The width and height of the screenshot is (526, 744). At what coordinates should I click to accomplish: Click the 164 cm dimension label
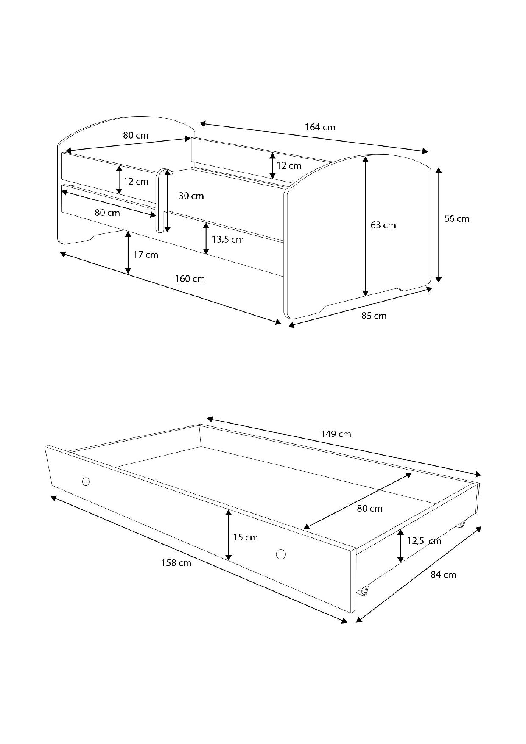[320, 127]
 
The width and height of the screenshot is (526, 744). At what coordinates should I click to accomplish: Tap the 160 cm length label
[190, 279]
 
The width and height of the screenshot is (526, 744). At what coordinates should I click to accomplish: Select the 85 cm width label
[374, 316]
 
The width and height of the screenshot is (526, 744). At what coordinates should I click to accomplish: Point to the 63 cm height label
[383, 225]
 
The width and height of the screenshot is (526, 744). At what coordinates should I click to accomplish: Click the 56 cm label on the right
[457, 219]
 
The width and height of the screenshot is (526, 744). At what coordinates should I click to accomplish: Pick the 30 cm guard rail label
[191, 196]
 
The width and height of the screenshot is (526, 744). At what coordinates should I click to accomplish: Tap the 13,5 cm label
[228, 240]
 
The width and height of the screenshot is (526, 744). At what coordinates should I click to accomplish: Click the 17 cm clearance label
[145, 255]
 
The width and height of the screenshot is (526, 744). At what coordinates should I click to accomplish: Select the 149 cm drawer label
[336, 434]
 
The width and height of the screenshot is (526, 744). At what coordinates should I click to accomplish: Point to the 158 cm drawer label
[176, 563]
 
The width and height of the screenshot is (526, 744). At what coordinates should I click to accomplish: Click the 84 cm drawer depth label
[443, 575]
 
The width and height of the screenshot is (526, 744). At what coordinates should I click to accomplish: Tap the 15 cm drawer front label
[245, 537]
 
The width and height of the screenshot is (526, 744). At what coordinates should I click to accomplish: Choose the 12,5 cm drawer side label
[424, 541]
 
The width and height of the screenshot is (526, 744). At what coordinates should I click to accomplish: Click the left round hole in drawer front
[86, 481]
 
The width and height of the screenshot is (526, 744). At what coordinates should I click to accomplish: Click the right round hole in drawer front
[280, 554]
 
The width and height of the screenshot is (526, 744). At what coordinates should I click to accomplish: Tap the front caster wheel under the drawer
[364, 590]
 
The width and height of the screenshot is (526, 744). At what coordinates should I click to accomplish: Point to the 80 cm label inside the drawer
[369, 508]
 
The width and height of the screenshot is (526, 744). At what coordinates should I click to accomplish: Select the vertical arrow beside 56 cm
[439, 225]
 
